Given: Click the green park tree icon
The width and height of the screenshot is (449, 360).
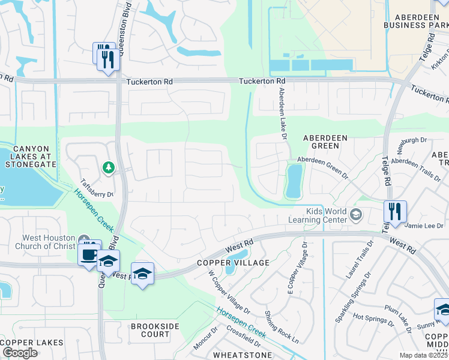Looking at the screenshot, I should coord(109,167).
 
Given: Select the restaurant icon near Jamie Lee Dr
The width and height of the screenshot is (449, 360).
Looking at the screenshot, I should coord(395,211).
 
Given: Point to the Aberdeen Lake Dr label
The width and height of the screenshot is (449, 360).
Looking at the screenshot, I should coord(281,113).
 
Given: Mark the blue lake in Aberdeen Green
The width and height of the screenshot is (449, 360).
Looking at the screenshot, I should coord(294,181).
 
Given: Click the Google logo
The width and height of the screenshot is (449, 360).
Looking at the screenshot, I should coord(20,353).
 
